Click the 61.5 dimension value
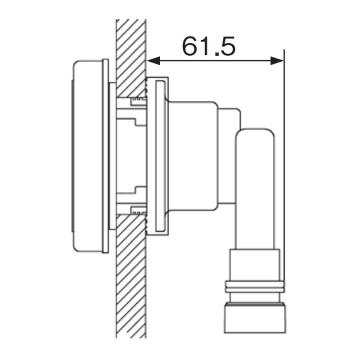coord(209,46)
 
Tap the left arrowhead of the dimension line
coord(153,61)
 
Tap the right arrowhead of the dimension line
coord(277,61)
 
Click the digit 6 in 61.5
coord(190,46)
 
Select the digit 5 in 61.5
coord(228,46)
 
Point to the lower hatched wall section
coord(131,275)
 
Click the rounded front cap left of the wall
coord(87,157)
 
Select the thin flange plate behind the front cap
coord(105,156)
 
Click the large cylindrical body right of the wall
coord(193,156)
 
